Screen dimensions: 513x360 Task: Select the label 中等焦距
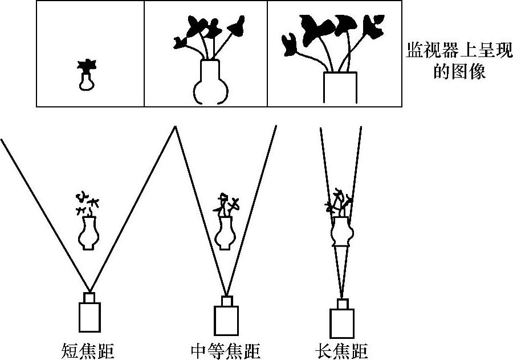[227, 350]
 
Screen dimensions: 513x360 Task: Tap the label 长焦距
[341, 350]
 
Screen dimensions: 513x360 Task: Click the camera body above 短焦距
[89, 317]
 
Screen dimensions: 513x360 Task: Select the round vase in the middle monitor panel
[211, 83]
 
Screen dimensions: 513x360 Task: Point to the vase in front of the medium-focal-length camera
[225, 233]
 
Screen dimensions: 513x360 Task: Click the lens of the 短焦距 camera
[89, 298]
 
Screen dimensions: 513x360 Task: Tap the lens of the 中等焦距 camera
[226, 301]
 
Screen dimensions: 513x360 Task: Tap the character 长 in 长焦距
[323, 350]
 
